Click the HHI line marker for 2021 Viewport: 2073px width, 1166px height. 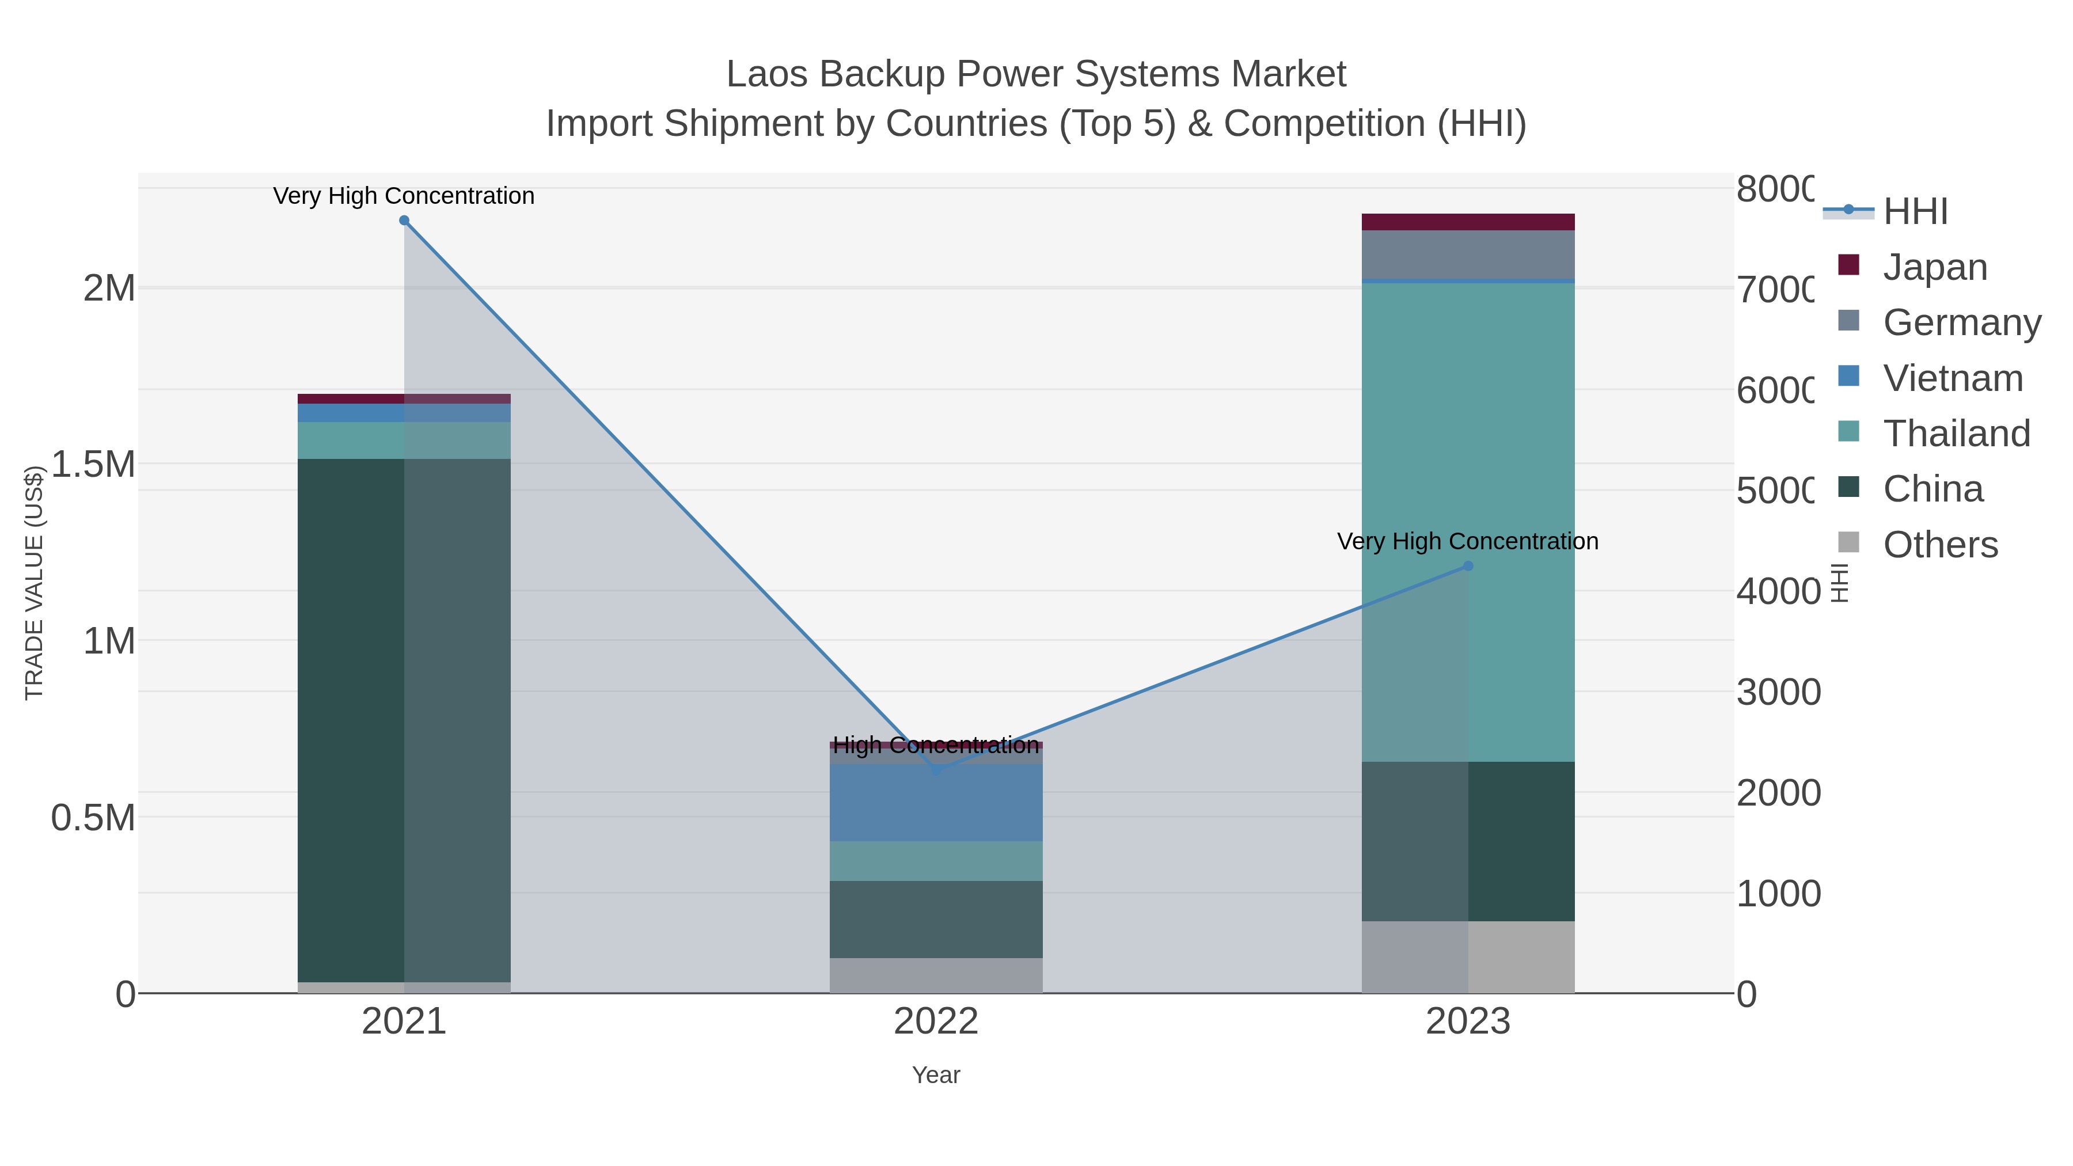click(x=404, y=221)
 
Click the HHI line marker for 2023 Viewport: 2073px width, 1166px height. click(x=1468, y=567)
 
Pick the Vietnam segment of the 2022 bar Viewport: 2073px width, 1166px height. click(x=936, y=802)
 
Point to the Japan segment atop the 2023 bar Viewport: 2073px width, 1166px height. click(x=1468, y=222)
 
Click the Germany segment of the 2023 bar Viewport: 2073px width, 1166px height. click(x=1468, y=255)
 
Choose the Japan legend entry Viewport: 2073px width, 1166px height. click(x=1935, y=267)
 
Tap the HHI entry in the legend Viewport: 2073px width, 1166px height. click(x=1915, y=212)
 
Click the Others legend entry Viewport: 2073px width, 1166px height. click(x=1940, y=545)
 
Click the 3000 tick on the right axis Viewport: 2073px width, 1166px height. click(x=1778, y=692)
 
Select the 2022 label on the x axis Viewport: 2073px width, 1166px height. click(x=936, y=1022)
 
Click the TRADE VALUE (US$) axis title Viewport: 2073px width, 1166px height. click(x=34, y=583)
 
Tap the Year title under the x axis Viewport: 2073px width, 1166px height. click(x=936, y=1075)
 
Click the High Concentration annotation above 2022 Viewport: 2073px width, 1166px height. click(x=936, y=745)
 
